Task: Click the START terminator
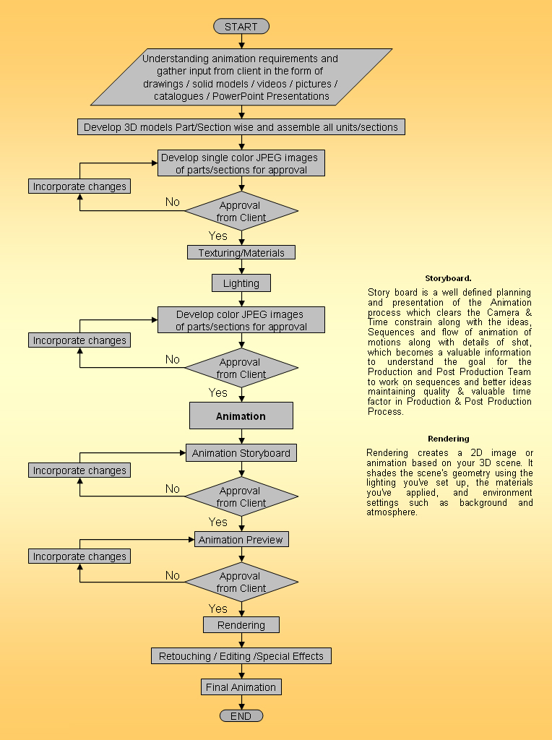[x=241, y=27]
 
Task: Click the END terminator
[x=241, y=715]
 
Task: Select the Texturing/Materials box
[x=241, y=252]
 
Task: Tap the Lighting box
[x=241, y=283]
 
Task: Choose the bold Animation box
[x=241, y=416]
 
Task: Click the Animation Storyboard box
[x=241, y=453]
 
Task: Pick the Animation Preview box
[x=241, y=539]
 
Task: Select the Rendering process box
[x=241, y=625]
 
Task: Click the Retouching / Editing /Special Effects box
[x=241, y=656]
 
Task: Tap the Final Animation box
[x=241, y=687]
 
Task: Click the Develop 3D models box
[x=241, y=127]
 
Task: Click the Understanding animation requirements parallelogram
[x=241, y=77]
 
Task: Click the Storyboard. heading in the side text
[x=448, y=278]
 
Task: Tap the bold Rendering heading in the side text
[x=448, y=439]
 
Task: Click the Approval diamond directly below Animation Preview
[x=241, y=582]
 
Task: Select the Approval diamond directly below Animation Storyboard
[x=241, y=496]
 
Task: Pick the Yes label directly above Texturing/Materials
[x=217, y=236]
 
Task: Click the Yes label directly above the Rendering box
[x=217, y=608]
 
